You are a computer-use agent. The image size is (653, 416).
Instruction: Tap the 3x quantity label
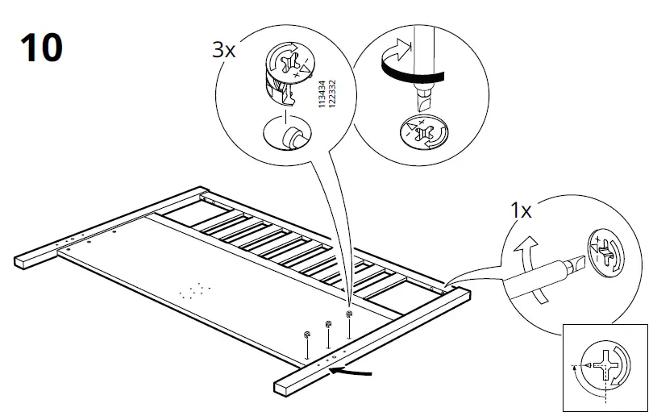[x=223, y=50]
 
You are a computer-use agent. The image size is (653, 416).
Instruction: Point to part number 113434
[x=322, y=94]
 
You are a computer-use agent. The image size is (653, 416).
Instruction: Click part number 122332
[x=332, y=94]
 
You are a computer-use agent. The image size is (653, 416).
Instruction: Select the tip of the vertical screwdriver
[x=421, y=105]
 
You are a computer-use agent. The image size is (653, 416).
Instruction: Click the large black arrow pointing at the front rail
[x=355, y=372]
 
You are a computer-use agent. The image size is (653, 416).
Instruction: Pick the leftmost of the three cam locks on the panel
[x=307, y=335]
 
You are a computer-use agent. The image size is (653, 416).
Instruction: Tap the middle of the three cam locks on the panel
[x=328, y=324]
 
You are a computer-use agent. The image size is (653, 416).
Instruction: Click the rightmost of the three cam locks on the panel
[x=349, y=314]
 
